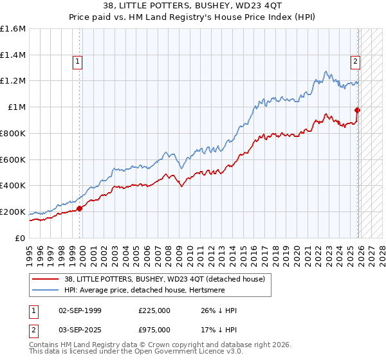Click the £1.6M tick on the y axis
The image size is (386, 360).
pos(13,29)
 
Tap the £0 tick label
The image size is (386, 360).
pos(19,238)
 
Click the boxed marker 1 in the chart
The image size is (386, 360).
pos(77,62)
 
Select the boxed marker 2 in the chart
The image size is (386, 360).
pos(355,62)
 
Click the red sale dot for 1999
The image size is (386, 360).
pos(79,208)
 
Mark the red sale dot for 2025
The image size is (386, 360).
pos(358,110)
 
